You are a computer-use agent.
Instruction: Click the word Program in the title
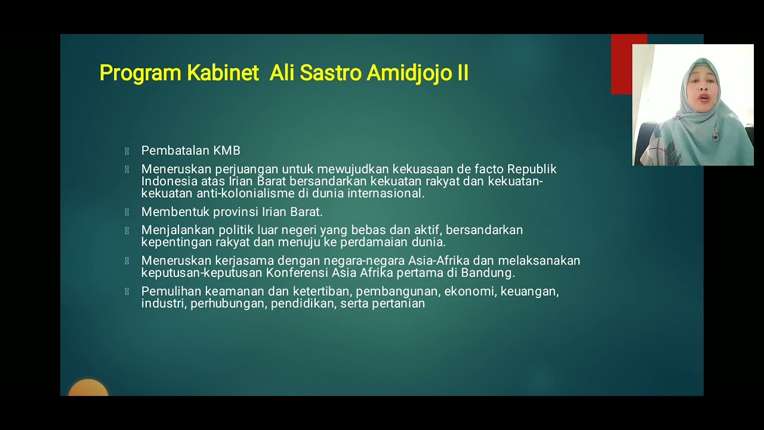[140, 73]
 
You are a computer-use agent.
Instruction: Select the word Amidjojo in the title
[403, 73]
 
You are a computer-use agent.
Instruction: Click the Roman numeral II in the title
[462, 73]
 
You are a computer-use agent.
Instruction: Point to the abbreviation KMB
[227, 150]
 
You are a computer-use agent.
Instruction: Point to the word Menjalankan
[177, 230]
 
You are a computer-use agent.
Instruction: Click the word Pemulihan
[171, 291]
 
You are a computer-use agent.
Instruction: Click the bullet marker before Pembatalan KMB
[127, 151]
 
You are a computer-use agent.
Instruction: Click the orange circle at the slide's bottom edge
[88, 389]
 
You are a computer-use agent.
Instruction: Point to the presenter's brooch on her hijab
[715, 134]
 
